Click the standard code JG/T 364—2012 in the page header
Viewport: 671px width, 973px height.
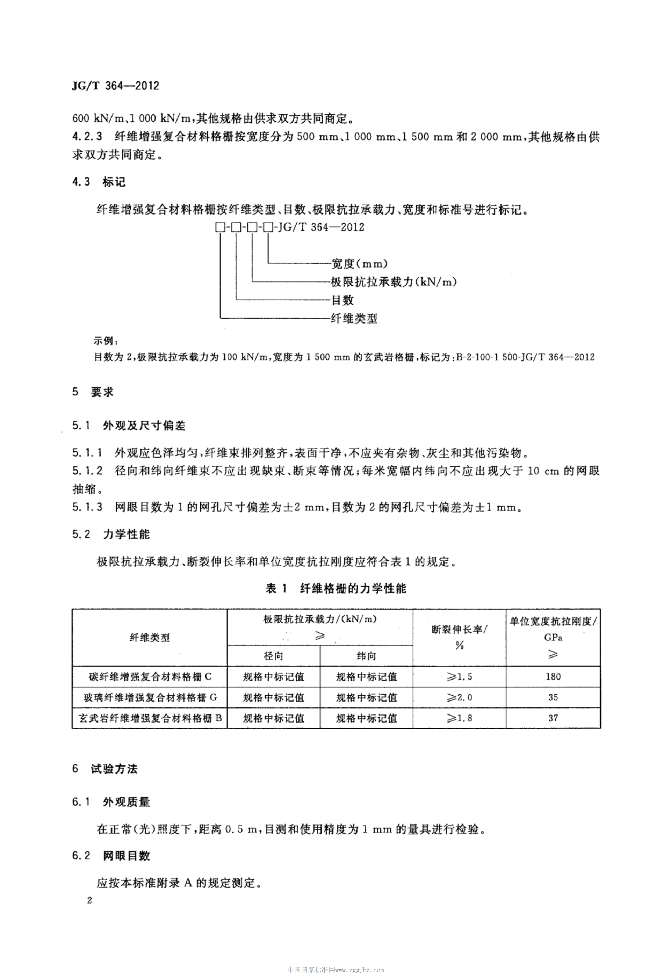click(x=116, y=86)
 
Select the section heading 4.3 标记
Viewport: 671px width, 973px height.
click(x=99, y=182)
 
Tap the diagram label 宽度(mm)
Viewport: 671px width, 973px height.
click(x=359, y=263)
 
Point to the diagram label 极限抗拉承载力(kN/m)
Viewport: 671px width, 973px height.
click(x=394, y=282)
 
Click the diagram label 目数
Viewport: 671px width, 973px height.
click(x=342, y=300)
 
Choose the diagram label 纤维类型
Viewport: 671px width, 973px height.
click(x=354, y=318)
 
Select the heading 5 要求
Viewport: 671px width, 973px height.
click(x=93, y=392)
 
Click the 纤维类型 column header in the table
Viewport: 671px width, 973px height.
click(x=150, y=637)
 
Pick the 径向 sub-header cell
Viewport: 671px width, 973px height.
click(x=273, y=656)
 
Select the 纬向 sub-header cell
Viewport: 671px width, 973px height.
click(x=366, y=656)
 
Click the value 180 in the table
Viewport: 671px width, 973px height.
click(x=553, y=676)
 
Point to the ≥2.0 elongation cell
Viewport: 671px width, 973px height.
click(x=459, y=697)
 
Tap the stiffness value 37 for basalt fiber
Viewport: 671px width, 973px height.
click(x=553, y=718)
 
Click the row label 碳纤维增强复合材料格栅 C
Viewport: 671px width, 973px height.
click(x=150, y=676)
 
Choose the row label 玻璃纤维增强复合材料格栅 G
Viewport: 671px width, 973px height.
click(x=150, y=697)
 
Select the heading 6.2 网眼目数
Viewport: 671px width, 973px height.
click(x=111, y=856)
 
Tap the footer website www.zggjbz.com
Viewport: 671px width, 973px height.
click(x=360, y=967)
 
